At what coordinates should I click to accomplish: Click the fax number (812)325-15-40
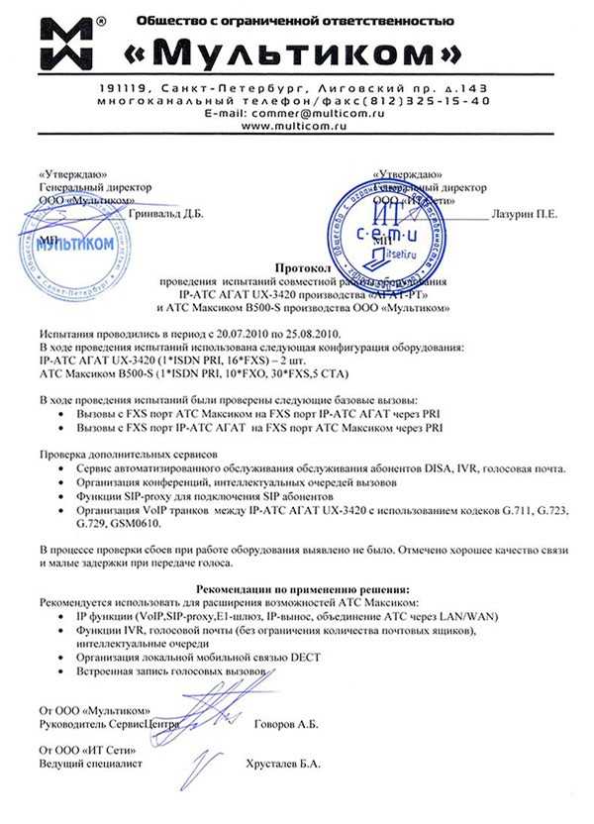coord(430,101)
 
